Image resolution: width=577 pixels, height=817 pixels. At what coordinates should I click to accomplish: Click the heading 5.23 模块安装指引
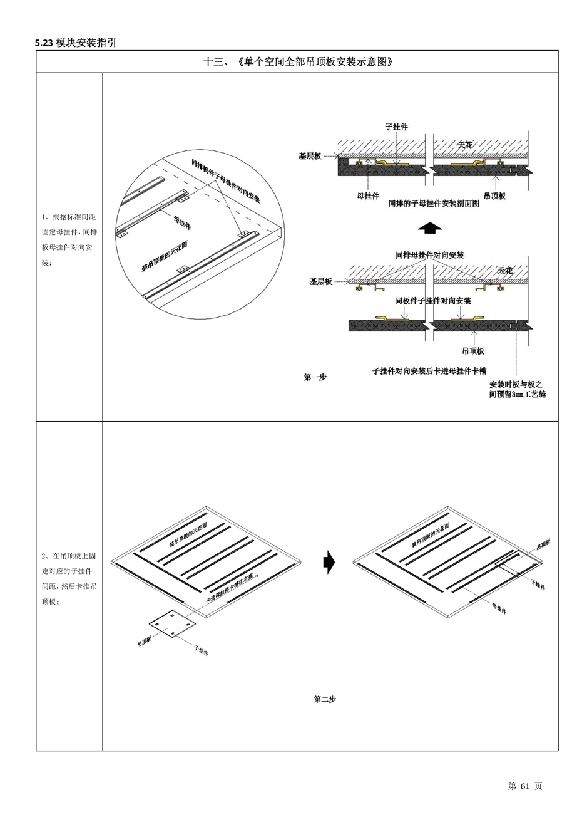tap(76, 43)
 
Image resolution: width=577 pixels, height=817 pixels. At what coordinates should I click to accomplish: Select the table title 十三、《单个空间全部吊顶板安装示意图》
tap(298, 61)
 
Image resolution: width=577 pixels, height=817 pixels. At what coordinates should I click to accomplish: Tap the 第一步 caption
tap(315, 377)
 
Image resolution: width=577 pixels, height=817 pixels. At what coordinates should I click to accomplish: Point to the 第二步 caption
tap(325, 699)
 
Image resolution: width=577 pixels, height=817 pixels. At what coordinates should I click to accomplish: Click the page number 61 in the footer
tap(524, 786)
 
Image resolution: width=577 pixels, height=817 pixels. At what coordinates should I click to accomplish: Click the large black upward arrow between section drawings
tap(429, 228)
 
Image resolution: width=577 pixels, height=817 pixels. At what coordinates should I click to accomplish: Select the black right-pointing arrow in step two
tap(329, 562)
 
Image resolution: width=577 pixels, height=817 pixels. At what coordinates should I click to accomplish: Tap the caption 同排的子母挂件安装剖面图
tap(434, 204)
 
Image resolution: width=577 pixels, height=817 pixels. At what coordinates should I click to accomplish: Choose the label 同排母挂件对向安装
tap(429, 255)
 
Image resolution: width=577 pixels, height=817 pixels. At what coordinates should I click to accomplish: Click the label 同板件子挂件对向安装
tap(432, 301)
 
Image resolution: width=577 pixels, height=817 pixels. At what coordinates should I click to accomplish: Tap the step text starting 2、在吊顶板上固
tap(69, 578)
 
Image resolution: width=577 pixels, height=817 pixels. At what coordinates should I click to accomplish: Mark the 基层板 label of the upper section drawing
tap(310, 156)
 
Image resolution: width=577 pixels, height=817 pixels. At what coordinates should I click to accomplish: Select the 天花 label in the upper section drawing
tap(465, 145)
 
